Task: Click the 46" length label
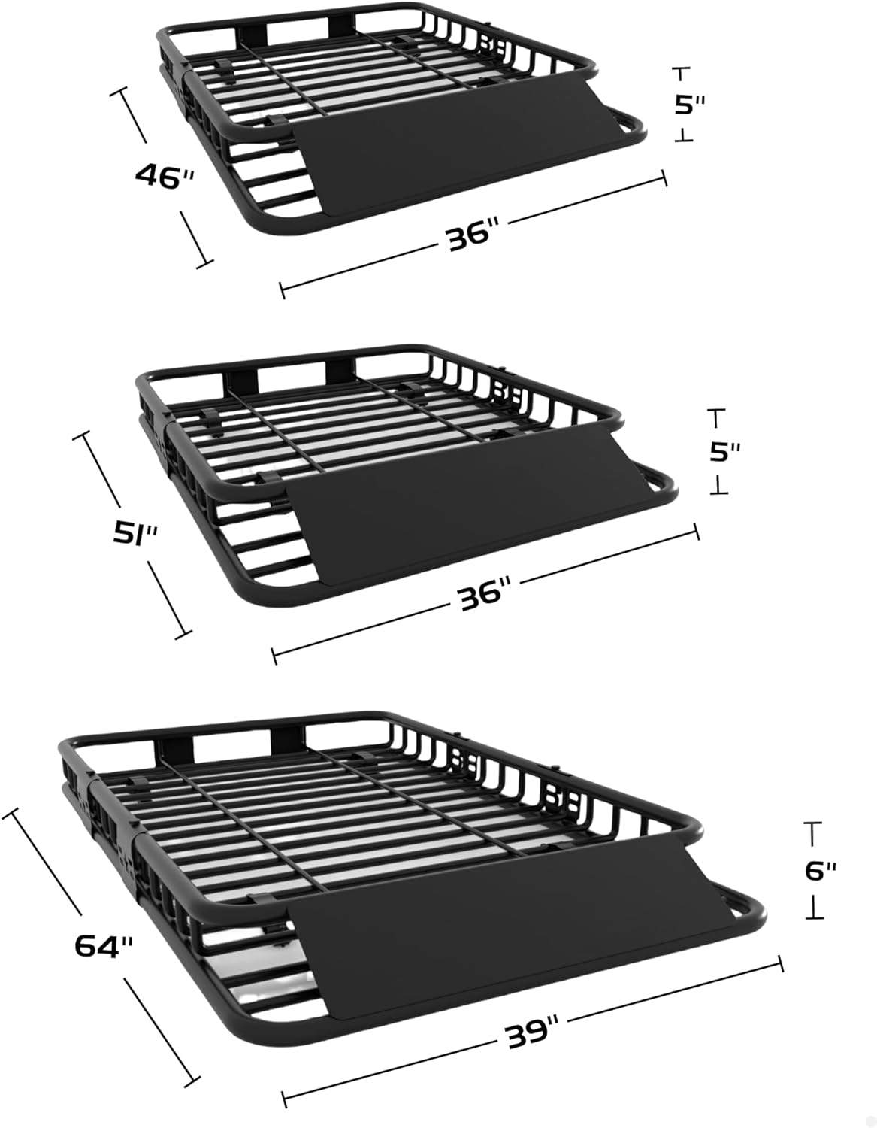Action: pos(165,177)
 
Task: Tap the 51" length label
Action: pos(135,534)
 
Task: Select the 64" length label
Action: pos(104,945)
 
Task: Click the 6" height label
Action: pos(821,870)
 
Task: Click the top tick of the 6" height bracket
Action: pos(813,823)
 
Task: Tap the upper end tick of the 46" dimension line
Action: pos(119,92)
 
